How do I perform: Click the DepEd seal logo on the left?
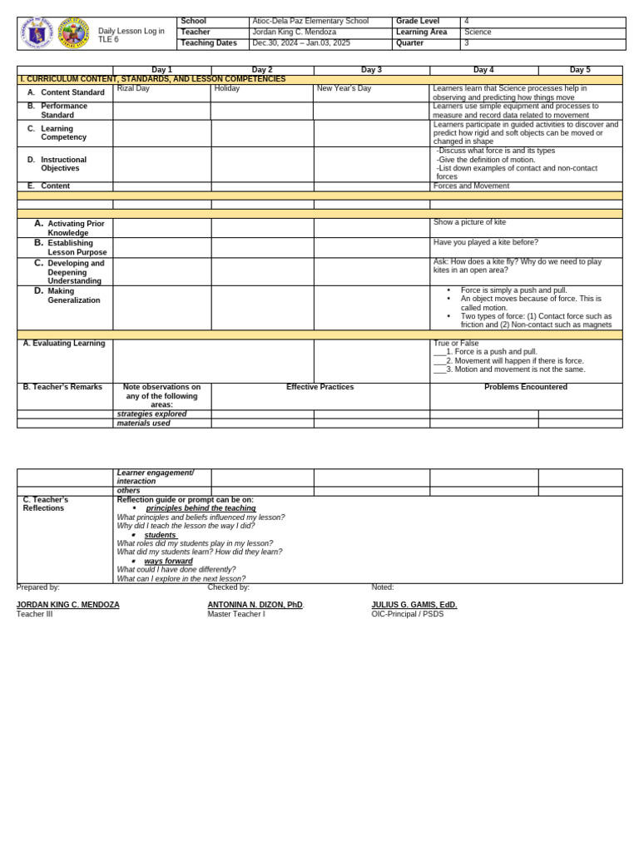pyautogui.click(x=37, y=33)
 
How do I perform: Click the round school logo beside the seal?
pyautogui.click(x=73, y=33)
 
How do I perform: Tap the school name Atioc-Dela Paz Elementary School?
pyautogui.click(x=310, y=22)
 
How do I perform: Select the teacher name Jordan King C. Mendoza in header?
pyautogui.click(x=295, y=32)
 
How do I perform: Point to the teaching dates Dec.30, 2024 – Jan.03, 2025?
pyautogui.click(x=301, y=43)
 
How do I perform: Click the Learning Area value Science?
pyautogui.click(x=478, y=32)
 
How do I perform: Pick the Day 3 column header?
pyautogui.click(x=371, y=71)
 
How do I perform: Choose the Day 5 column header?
pyautogui.click(x=580, y=71)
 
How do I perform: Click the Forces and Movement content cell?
pyautogui.click(x=471, y=186)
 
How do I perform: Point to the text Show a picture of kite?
pyautogui.click(x=469, y=223)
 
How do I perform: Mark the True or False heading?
pyautogui.click(x=456, y=344)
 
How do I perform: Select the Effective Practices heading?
pyautogui.click(x=320, y=388)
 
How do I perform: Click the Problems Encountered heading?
pyautogui.click(x=526, y=388)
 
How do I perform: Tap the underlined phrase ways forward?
pyautogui.click(x=168, y=562)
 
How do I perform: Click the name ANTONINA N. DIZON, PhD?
pyautogui.click(x=255, y=605)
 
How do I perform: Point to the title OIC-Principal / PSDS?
pyautogui.click(x=408, y=614)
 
